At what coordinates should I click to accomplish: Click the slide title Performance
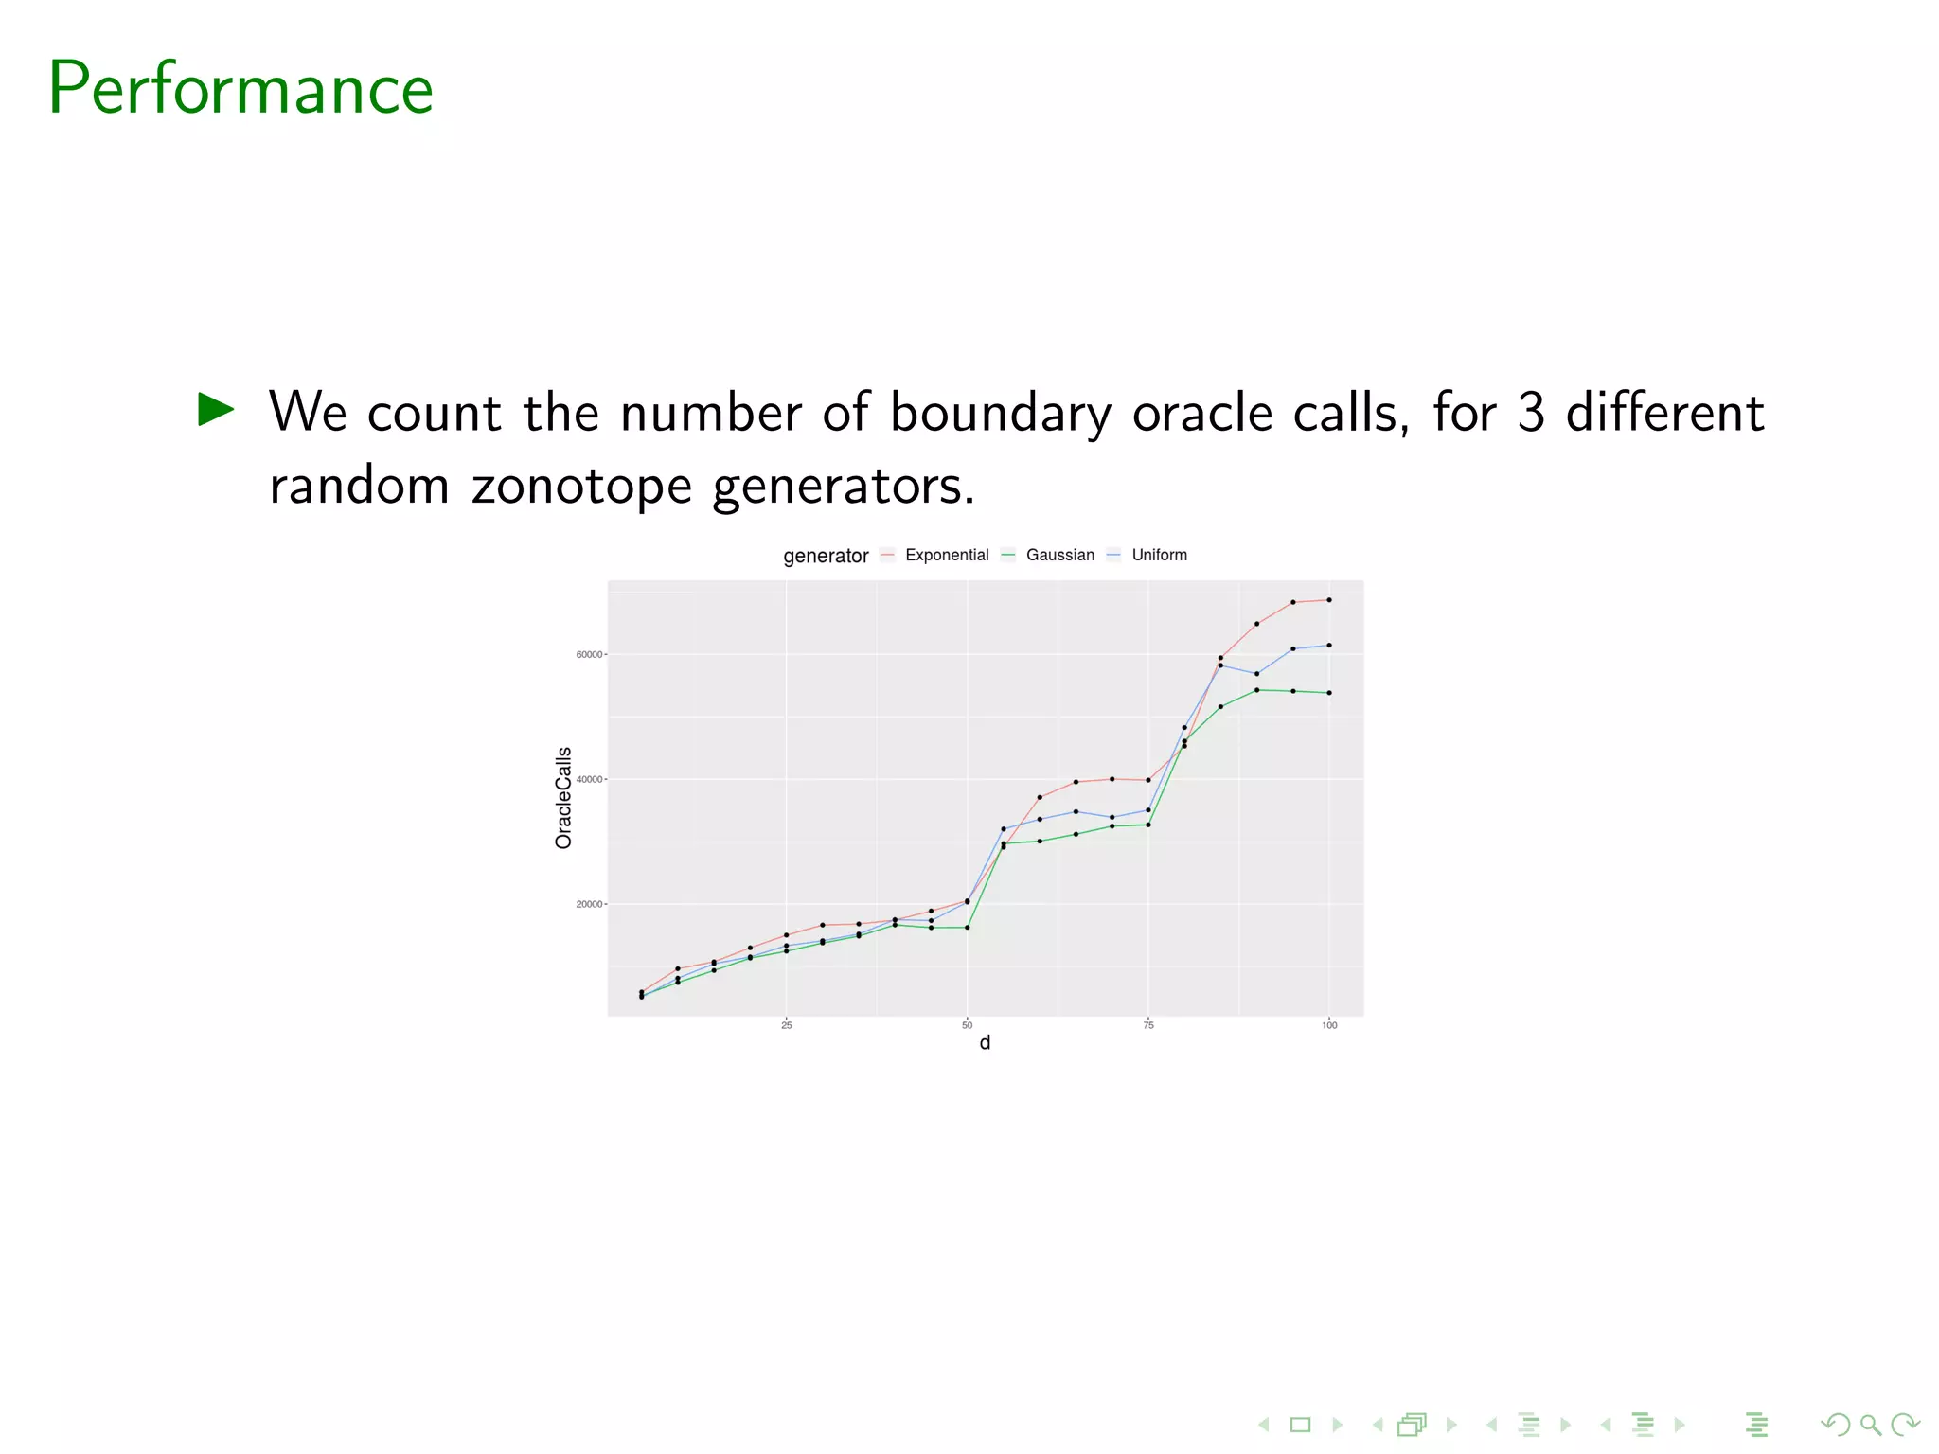[240, 88]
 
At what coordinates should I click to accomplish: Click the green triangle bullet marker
[216, 409]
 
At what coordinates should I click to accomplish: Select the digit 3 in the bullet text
[1531, 413]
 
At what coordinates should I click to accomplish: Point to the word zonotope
[581, 487]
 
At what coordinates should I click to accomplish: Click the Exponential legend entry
[946, 555]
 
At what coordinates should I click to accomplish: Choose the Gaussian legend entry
[1059, 555]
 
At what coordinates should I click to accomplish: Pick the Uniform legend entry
[1159, 555]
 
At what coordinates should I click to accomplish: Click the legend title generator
[826, 556]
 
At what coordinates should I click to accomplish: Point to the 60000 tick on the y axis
[589, 654]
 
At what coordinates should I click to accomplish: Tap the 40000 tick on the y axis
[589, 779]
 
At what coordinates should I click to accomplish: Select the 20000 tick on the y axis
[589, 904]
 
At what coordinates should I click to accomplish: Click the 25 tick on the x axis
[786, 1025]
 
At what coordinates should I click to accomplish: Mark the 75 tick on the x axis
[1148, 1025]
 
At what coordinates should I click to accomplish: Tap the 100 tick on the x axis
[1329, 1025]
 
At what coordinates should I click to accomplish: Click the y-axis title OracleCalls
[563, 797]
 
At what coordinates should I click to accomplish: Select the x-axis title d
[985, 1043]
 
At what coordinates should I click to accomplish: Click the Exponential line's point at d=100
[1329, 600]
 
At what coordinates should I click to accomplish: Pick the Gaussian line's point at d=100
[1329, 693]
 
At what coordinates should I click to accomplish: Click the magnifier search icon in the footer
[1870, 1425]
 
